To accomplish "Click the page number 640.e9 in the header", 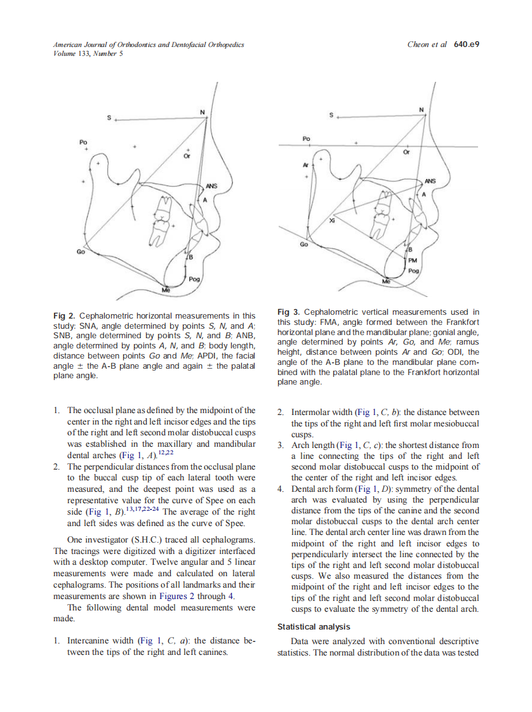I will [466, 45].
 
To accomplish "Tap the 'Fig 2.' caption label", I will [64, 315].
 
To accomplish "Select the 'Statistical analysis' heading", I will [314, 626].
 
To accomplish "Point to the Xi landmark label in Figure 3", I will [332, 220].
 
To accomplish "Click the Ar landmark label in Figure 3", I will [306, 165].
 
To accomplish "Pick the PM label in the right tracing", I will [412, 260].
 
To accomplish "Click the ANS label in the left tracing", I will [211, 187].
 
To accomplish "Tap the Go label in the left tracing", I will [81, 252].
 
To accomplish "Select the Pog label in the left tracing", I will [194, 279].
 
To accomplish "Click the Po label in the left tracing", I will [83, 142].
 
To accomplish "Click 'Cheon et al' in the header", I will [427, 45].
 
